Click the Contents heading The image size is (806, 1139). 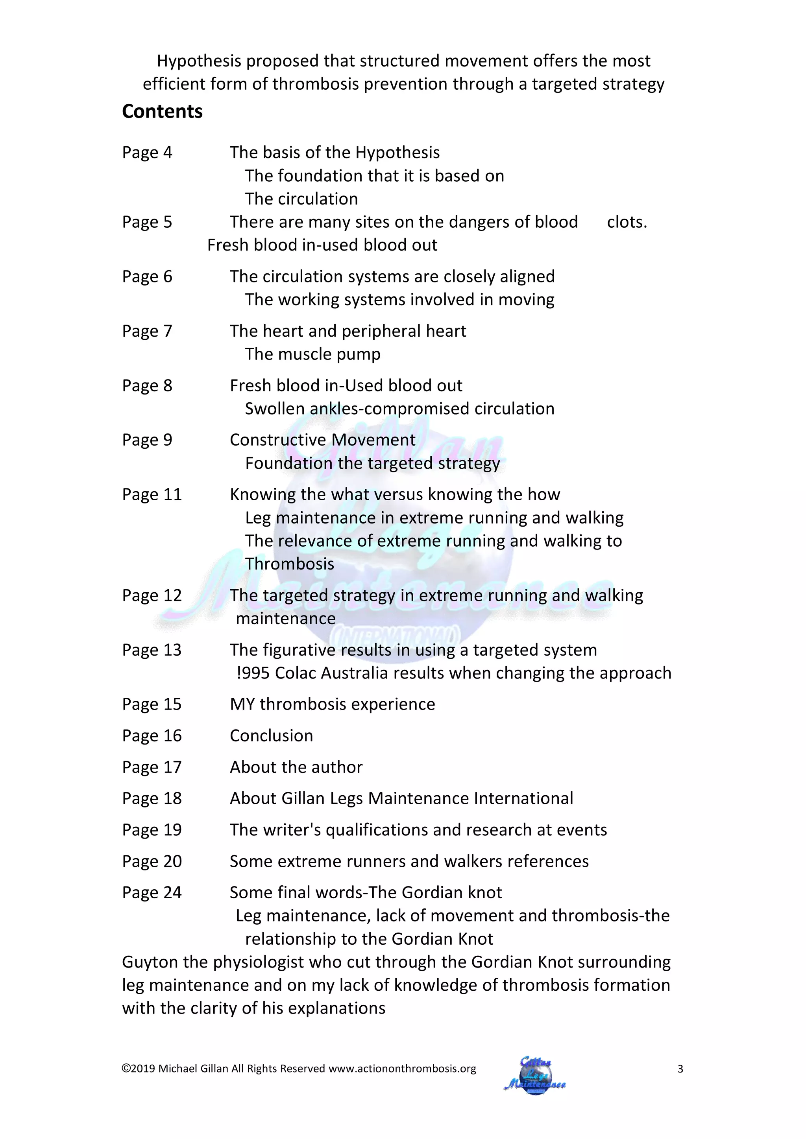pyautogui.click(x=162, y=112)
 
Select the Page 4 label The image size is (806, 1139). pyautogui.click(x=147, y=153)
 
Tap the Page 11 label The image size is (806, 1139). pyautogui.click(x=152, y=495)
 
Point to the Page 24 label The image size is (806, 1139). pyautogui.click(x=152, y=893)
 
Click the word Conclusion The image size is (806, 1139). pyautogui.click(x=271, y=736)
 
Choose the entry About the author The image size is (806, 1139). pyautogui.click(x=296, y=767)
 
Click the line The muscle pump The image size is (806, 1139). pyautogui.click(x=312, y=354)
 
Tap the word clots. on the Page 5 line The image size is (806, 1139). pyautogui.click(x=627, y=222)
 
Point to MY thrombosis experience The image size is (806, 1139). pyautogui.click(x=332, y=704)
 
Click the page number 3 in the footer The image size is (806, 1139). pyautogui.click(x=680, y=1069)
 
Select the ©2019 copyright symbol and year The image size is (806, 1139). pyautogui.click(x=139, y=1069)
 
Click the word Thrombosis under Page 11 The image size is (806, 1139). pyautogui.click(x=289, y=564)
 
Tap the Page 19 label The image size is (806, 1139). pyautogui.click(x=152, y=830)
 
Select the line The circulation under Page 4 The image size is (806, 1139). pyautogui.click(x=301, y=199)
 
